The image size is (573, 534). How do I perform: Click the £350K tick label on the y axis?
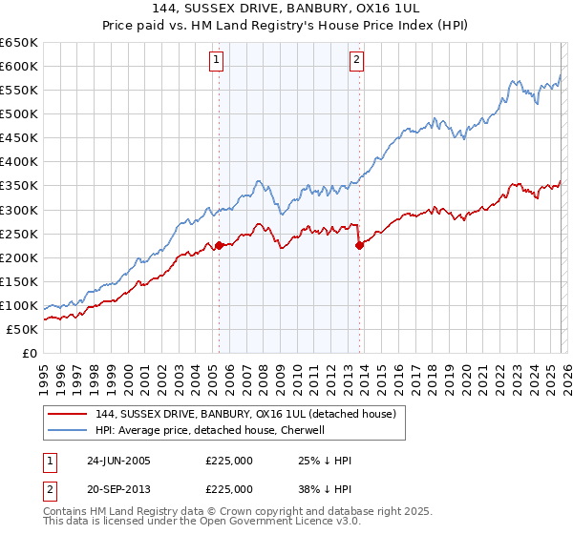19,186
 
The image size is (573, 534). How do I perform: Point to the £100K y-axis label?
19,305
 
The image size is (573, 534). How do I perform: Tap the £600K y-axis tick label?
19,67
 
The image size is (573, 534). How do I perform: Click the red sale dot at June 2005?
219,245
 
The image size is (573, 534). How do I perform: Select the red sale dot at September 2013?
359,245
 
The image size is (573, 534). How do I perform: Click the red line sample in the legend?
68,414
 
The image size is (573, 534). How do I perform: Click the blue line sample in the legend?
68,430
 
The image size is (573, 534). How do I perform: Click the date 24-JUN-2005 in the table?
118,462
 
